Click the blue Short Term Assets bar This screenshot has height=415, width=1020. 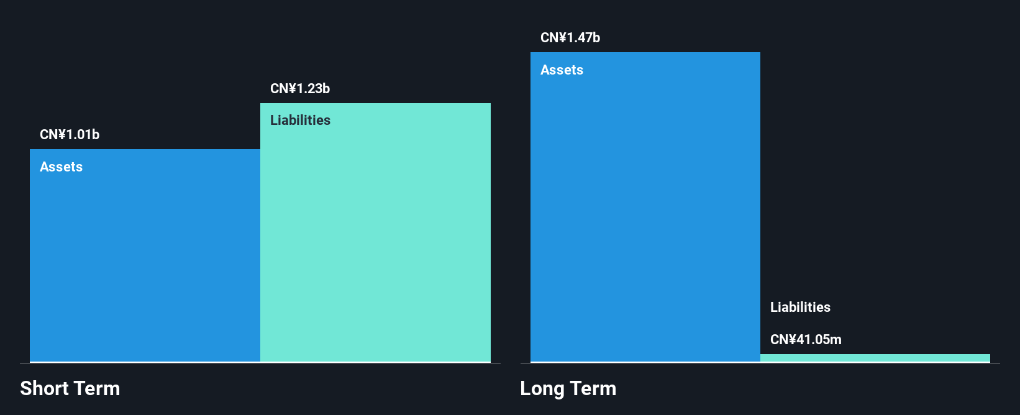[x=145, y=261]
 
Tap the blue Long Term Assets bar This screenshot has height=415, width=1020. [x=645, y=211]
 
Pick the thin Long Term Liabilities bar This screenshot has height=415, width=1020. [x=875, y=358]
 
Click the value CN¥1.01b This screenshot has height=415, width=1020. [x=70, y=135]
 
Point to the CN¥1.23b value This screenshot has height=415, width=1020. [x=300, y=89]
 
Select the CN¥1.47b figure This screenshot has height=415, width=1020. [x=570, y=38]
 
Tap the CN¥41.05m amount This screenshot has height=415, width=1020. [x=806, y=340]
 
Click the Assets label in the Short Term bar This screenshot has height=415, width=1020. [x=61, y=167]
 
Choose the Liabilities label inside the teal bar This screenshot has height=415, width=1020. [x=300, y=121]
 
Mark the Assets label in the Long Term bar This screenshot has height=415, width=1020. [x=562, y=70]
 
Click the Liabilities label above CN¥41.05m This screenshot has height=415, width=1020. [x=800, y=308]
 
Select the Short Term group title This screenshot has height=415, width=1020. [x=70, y=389]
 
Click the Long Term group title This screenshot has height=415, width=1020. [x=568, y=389]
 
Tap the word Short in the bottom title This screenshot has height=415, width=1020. [x=44, y=389]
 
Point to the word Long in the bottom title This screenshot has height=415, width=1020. [x=542, y=389]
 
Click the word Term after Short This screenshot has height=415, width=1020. [x=97, y=389]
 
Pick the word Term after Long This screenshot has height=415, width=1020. [x=593, y=389]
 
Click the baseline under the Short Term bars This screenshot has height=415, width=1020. [x=260, y=363]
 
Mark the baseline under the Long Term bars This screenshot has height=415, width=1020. [x=760, y=363]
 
